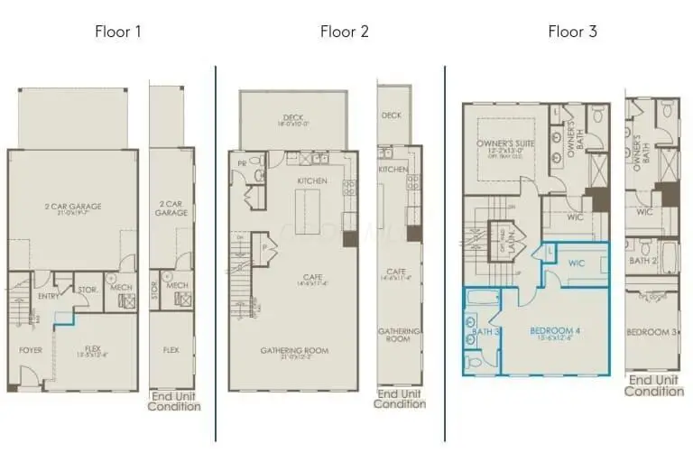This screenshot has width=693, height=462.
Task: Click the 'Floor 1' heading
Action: pyautogui.click(x=118, y=32)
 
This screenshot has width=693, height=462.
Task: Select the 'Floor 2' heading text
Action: pyautogui.click(x=344, y=32)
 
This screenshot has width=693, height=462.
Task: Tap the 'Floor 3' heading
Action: pyautogui.click(x=572, y=32)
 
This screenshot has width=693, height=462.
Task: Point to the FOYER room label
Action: pyautogui.click(x=32, y=349)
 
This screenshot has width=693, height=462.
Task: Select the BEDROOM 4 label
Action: pyautogui.click(x=554, y=331)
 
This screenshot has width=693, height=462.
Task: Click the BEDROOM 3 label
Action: pyautogui.click(x=652, y=332)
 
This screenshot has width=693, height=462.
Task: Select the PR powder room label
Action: pyautogui.click(x=242, y=164)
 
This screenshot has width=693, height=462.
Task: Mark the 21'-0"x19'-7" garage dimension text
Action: pyautogui.click(x=73, y=214)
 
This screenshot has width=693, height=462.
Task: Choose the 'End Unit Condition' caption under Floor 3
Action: pyautogui.click(x=653, y=385)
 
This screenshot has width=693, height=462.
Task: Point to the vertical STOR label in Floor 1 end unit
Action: pyautogui.click(x=154, y=291)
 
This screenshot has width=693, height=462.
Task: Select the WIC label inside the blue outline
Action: pyautogui.click(x=577, y=263)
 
